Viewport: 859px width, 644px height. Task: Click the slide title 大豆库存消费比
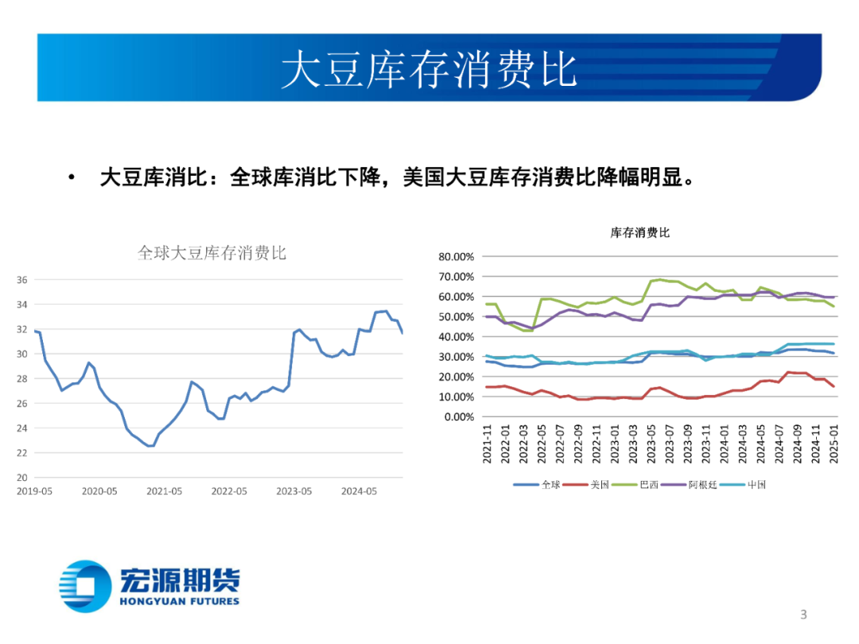point(429,69)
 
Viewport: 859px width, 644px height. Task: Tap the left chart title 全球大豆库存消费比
point(212,254)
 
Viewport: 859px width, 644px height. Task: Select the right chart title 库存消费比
point(639,233)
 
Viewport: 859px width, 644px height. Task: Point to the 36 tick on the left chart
point(22,280)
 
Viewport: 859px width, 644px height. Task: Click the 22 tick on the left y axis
point(22,453)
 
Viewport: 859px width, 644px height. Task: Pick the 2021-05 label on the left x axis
point(164,491)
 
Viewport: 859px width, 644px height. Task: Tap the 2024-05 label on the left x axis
point(359,491)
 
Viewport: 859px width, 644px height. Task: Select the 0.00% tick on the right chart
point(459,417)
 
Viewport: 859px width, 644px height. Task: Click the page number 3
point(803,614)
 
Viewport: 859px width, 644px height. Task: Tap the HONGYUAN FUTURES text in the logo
point(179,601)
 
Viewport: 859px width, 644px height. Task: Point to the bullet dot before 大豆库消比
point(73,177)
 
